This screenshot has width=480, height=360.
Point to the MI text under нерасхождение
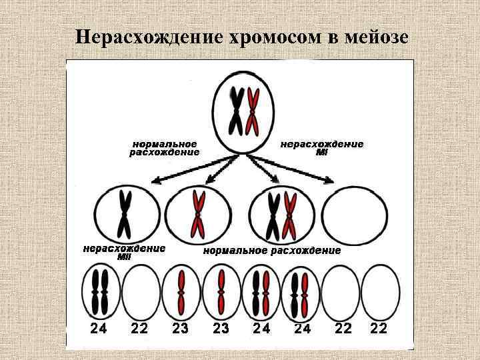point(322,152)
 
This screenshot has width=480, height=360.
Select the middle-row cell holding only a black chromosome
point(124,214)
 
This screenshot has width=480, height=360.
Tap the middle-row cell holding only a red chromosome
point(197,214)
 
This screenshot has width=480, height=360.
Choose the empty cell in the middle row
point(355,214)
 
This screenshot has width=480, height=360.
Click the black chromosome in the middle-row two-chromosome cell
point(273,216)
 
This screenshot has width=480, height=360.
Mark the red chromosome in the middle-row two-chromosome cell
point(289,216)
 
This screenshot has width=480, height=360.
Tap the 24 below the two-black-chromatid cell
point(98,329)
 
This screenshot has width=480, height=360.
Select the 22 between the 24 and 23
point(139,329)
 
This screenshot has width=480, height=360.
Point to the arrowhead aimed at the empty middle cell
point(329,179)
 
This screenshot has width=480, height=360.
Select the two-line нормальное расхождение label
point(164,148)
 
